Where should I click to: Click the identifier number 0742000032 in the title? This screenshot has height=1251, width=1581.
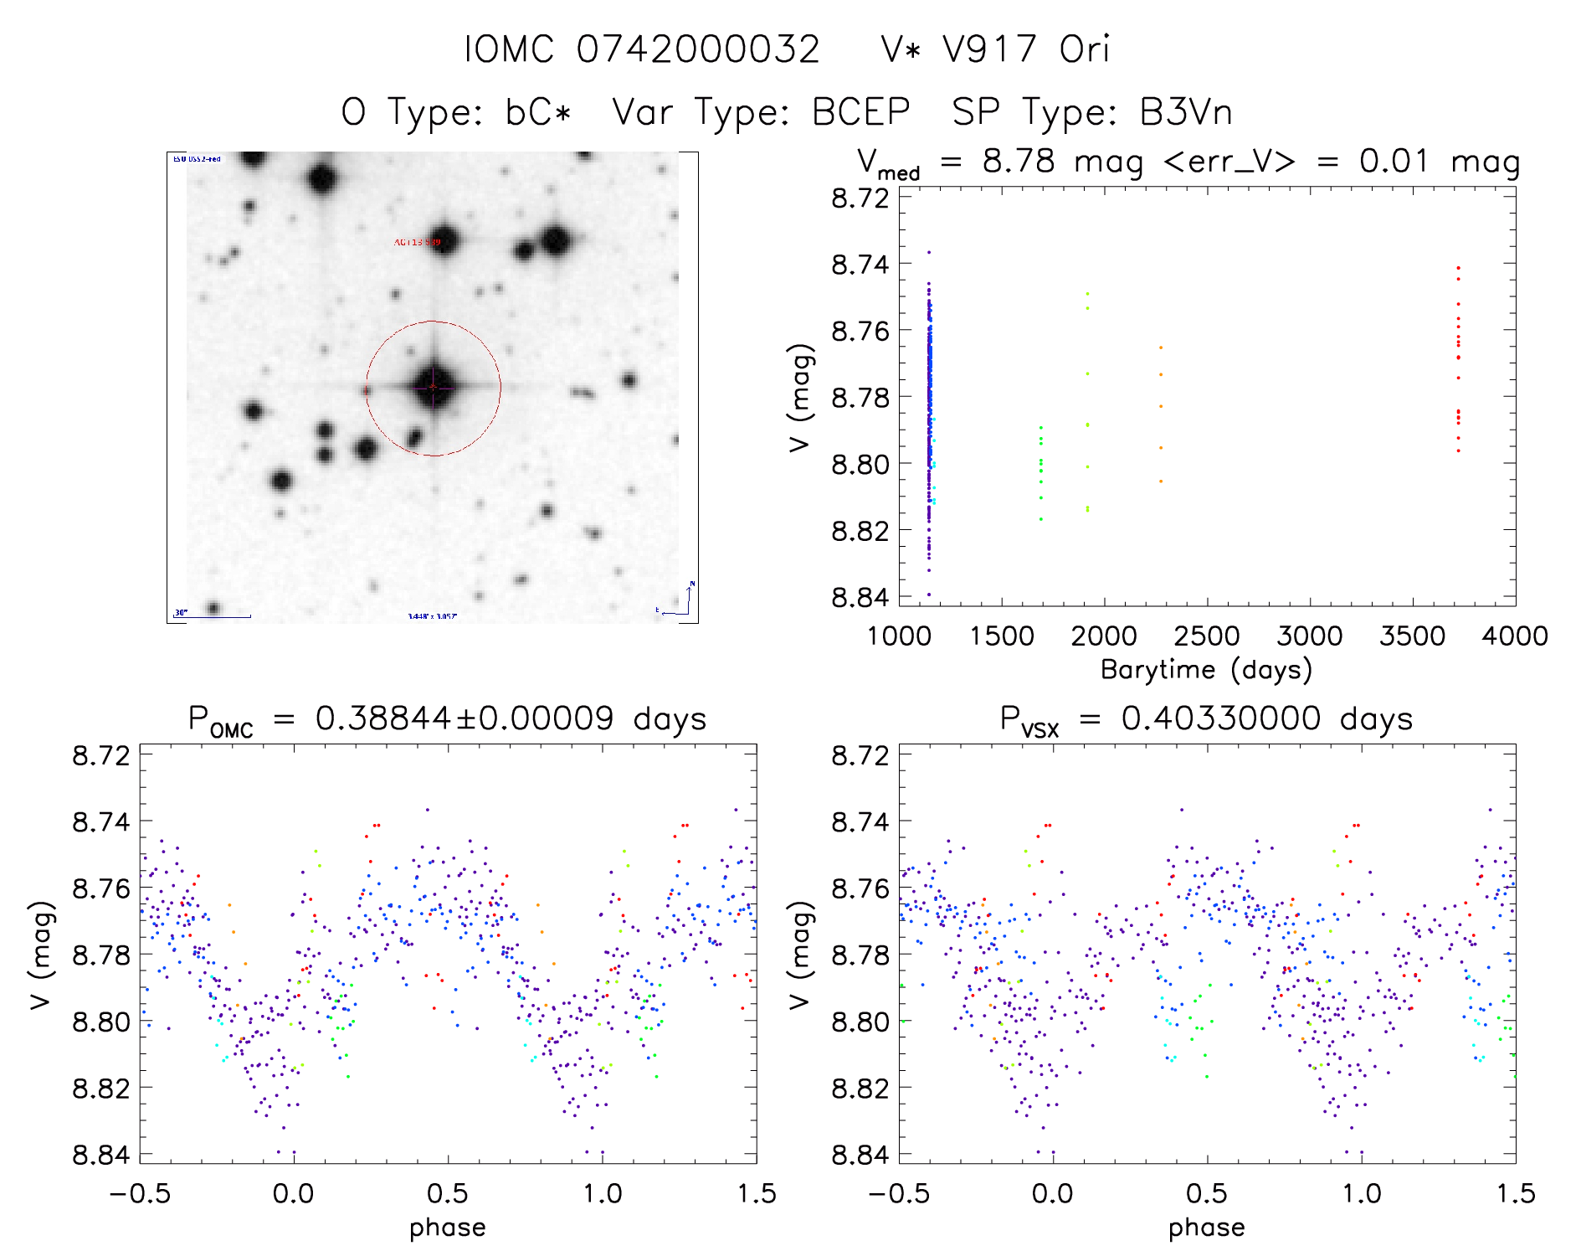tap(697, 49)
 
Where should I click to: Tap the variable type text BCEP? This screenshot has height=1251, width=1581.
tap(860, 112)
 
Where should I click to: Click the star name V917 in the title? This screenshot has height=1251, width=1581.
tap(989, 49)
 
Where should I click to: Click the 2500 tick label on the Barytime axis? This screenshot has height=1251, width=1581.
tap(1206, 636)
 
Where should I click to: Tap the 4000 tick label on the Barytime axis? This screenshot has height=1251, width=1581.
tap(1514, 636)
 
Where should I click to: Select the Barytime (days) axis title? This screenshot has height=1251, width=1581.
tap(1206, 670)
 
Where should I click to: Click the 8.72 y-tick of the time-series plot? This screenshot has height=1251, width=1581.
tap(860, 198)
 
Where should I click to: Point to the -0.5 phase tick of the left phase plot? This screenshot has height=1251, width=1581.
tap(140, 1194)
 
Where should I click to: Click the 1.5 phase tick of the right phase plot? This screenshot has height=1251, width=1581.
tap(1514, 1194)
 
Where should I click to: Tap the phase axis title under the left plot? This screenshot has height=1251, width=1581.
tap(447, 1228)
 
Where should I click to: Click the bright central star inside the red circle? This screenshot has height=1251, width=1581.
tap(433, 386)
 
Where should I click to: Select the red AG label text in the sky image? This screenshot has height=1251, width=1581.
tap(417, 242)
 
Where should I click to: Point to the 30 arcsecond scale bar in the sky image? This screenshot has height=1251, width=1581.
tap(213, 616)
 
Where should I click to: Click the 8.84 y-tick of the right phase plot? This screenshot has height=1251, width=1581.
tap(860, 1155)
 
